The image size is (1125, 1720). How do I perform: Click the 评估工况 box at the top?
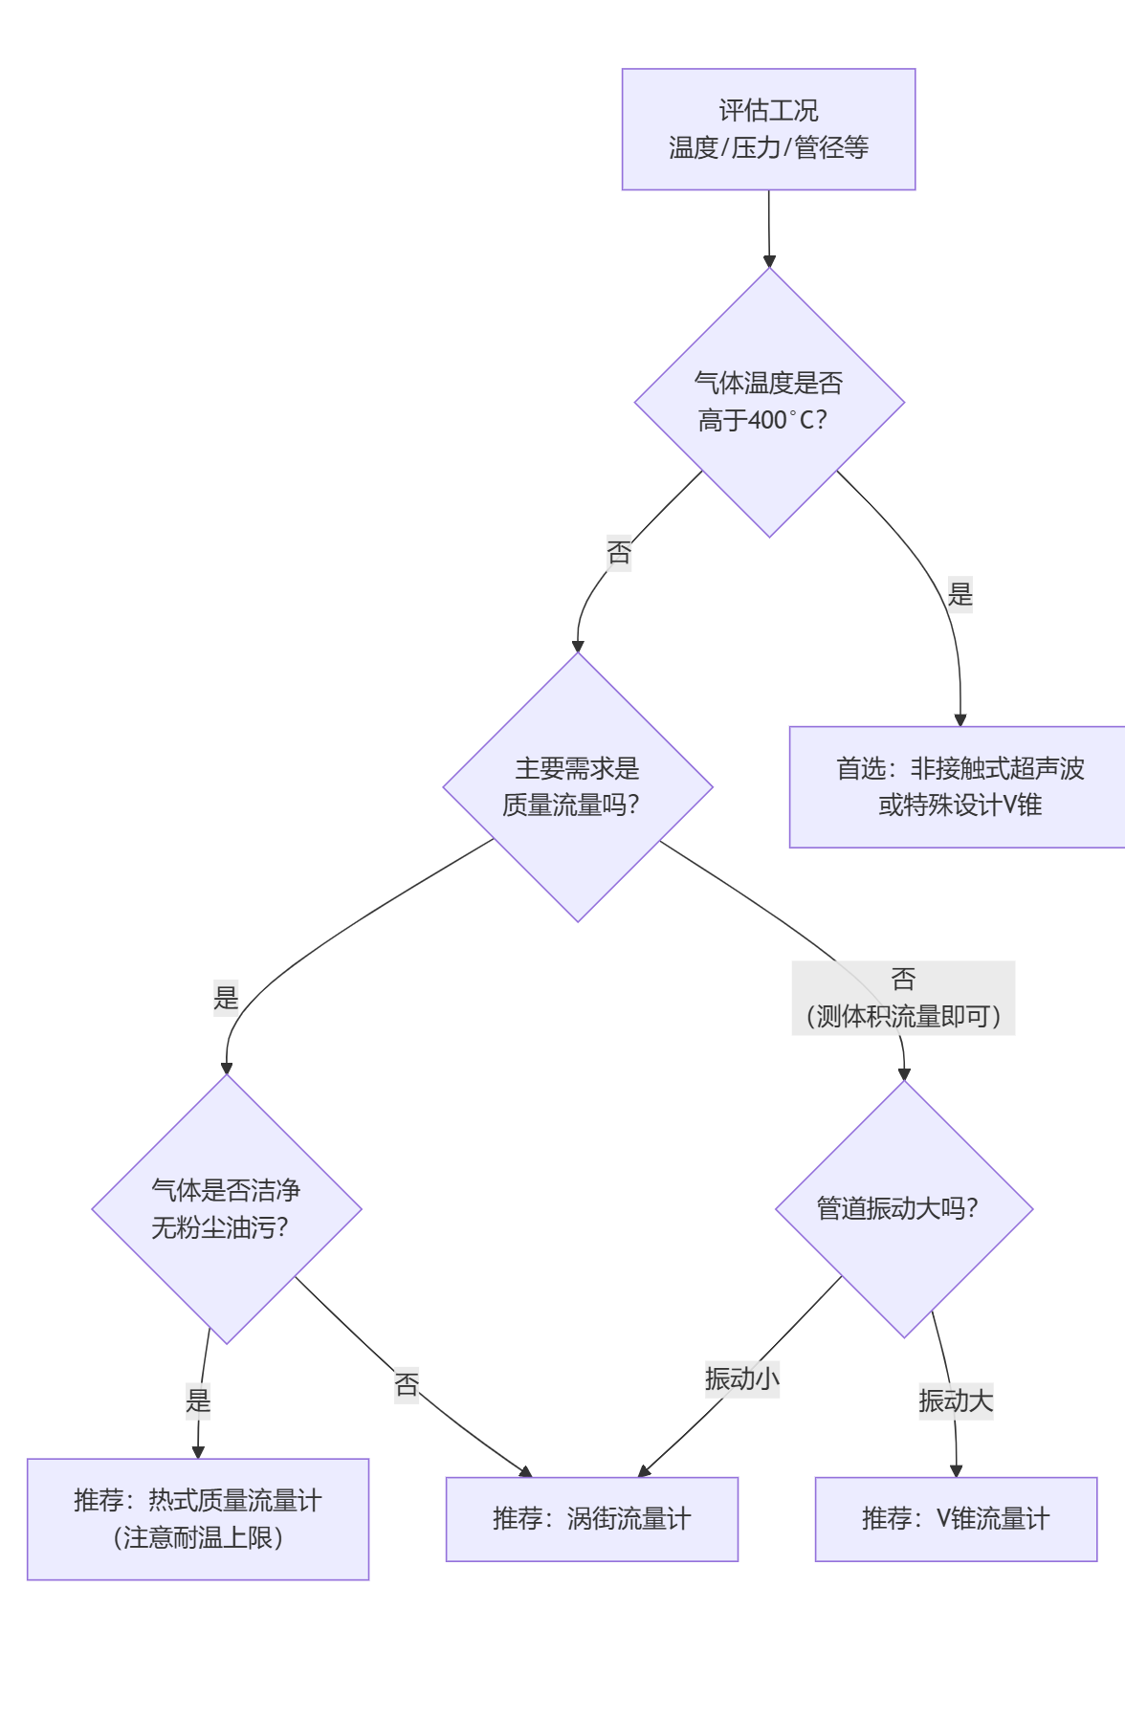[x=768, y=129]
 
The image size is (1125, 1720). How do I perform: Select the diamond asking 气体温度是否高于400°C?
[x=769, y=402]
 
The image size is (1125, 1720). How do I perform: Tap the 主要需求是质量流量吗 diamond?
[x=577, y=786]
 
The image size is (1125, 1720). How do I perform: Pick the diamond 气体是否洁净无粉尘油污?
[x=226, y=1208]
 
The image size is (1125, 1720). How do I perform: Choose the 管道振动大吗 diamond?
[x=903, y=1208]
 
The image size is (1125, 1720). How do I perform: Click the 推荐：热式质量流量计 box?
[x=197, y=1518]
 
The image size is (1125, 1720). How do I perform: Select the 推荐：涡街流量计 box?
[x=591, y=1518]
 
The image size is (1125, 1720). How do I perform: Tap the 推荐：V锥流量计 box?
[x=955, y=1518]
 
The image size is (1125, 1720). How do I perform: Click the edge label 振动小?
[x=741, y=1378]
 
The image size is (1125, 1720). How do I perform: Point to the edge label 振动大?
[x=955, y=1400]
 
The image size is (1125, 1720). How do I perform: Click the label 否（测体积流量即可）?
[x=903, y=998]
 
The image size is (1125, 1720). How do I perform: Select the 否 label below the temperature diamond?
[x=619, y=552]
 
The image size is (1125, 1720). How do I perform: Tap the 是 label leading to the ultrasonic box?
[x=960, y=594]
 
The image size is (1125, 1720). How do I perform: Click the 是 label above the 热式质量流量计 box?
[x=198, y=1400]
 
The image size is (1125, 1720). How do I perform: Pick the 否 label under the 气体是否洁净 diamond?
[x=407, y=1384]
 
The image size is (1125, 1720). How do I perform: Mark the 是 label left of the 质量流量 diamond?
[x=226, y=998]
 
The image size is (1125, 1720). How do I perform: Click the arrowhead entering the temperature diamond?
[x=769, y=261]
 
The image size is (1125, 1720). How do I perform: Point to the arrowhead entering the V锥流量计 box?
[x=956, y=1470]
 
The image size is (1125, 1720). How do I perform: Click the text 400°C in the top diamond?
[x=784, y=420]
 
